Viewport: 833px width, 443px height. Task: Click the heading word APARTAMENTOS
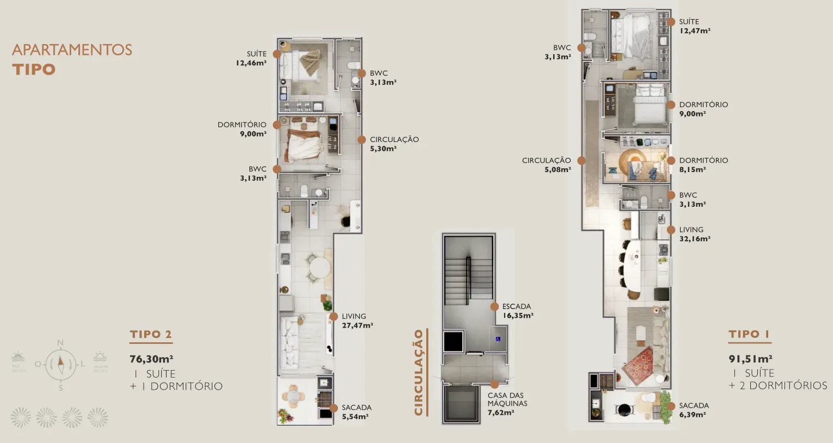click(72, 50)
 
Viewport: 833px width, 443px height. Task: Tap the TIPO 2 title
click(151, 334)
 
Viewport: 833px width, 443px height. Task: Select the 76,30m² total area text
click(151, 359)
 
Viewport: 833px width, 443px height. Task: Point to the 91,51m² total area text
click(750, 359)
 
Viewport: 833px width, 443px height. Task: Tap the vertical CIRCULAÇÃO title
click(419, 372)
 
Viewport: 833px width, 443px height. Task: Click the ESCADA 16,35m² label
click(517, 311)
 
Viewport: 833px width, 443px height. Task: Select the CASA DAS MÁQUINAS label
click(507, 404)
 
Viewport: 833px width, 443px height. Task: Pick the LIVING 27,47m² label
click(357, 321)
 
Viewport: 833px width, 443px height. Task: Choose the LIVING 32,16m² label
click(694, 234)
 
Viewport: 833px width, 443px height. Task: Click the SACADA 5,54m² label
click(356, 412)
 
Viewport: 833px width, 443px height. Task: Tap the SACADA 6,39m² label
click(694, 410)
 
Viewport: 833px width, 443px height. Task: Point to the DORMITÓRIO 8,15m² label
click(703, 164)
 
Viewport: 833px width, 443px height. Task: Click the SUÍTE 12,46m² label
click(252, 58)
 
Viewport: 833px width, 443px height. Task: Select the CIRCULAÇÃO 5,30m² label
click(394, 144)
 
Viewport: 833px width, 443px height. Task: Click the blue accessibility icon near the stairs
click(498, 339)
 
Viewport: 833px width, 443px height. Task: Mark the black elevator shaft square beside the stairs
click(453, 341)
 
